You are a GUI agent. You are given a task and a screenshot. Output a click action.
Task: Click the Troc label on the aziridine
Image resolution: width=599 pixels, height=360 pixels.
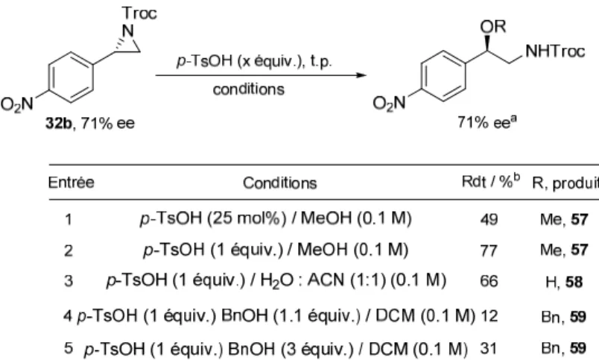coord(139,13)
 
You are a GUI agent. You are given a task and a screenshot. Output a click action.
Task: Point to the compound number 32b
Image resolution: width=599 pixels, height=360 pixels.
coord(58,123)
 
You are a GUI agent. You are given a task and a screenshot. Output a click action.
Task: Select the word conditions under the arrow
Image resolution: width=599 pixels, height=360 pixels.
coord(249,89)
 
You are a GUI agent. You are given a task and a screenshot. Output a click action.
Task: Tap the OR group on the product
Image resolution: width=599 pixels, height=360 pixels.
coord(493,26)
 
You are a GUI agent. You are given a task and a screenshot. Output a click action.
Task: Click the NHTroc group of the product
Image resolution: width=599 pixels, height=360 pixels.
coord(555,51)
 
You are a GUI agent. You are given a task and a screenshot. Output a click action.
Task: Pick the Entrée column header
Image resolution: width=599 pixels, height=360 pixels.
coord(71,183)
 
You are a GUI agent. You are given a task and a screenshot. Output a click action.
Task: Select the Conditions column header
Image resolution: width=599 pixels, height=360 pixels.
coord(280,183)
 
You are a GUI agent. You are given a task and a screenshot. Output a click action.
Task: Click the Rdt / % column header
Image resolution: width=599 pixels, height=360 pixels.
coord(490,181)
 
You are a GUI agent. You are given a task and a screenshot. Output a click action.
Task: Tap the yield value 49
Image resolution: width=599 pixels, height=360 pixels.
coord(489,219)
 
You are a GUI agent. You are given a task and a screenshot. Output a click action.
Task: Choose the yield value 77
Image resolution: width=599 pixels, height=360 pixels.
coord(489,250)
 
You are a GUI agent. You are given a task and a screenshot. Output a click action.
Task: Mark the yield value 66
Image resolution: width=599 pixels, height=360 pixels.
coord(489,281)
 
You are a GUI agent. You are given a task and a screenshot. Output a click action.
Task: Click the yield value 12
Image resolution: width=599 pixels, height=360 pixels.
coord(489,316)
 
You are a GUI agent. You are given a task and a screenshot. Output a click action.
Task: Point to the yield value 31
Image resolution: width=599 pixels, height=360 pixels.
coord(489,348)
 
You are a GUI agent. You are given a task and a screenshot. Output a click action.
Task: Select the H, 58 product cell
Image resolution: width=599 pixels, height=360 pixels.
coord(564,282)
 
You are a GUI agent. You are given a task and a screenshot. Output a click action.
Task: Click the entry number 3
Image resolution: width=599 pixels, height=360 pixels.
coord(69,281)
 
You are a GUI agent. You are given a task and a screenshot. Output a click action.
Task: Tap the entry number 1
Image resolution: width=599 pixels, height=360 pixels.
coord(69,220)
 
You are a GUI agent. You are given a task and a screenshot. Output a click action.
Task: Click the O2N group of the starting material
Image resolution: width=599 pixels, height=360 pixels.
coord(17,104)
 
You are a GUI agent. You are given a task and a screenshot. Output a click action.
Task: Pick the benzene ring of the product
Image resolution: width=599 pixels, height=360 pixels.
coord(443,77)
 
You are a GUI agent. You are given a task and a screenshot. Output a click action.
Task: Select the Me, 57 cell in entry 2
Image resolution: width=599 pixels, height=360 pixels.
coord(564,250)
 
